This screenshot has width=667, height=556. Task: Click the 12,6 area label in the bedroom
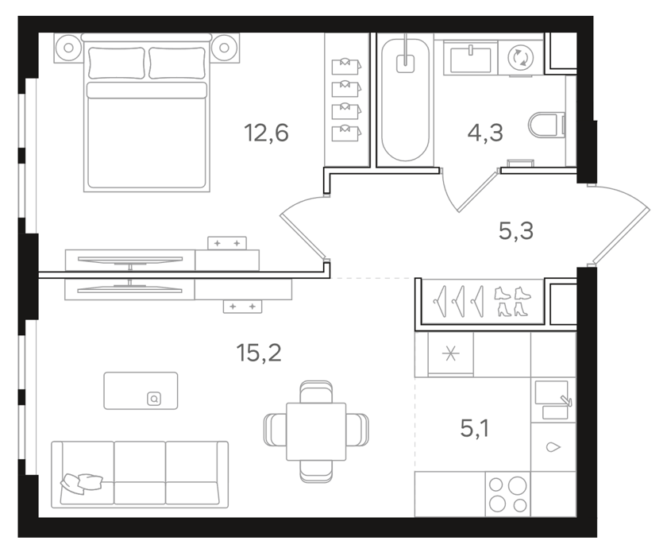pos(266,133)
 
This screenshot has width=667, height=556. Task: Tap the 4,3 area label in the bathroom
pos(485,133)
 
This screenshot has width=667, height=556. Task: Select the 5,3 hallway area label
pos(515,231)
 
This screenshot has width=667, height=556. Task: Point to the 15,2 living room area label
pos(259,353)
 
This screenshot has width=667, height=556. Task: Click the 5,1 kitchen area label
pos(474,428)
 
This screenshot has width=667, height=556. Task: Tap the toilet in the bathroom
pos(546,125)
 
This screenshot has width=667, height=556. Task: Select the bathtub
pos(405,100)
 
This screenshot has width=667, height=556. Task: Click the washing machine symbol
pos(521,57)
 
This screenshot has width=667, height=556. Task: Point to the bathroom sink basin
pos(470,59)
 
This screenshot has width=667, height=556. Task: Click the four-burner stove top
pos(508,494)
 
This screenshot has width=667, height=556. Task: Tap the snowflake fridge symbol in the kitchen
pos(450,354)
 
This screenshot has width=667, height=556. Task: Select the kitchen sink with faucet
pos(553,400)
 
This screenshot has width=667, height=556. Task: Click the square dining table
pos(316,431)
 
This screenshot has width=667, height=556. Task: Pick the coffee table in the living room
pos(141,391)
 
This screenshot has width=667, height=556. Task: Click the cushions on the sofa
pos(81,483)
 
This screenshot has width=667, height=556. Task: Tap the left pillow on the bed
pos(117,63)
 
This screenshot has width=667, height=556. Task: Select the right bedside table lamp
pos(224,48)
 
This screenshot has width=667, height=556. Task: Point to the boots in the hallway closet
pos(513,302)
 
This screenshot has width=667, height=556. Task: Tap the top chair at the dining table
pos(316,392)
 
